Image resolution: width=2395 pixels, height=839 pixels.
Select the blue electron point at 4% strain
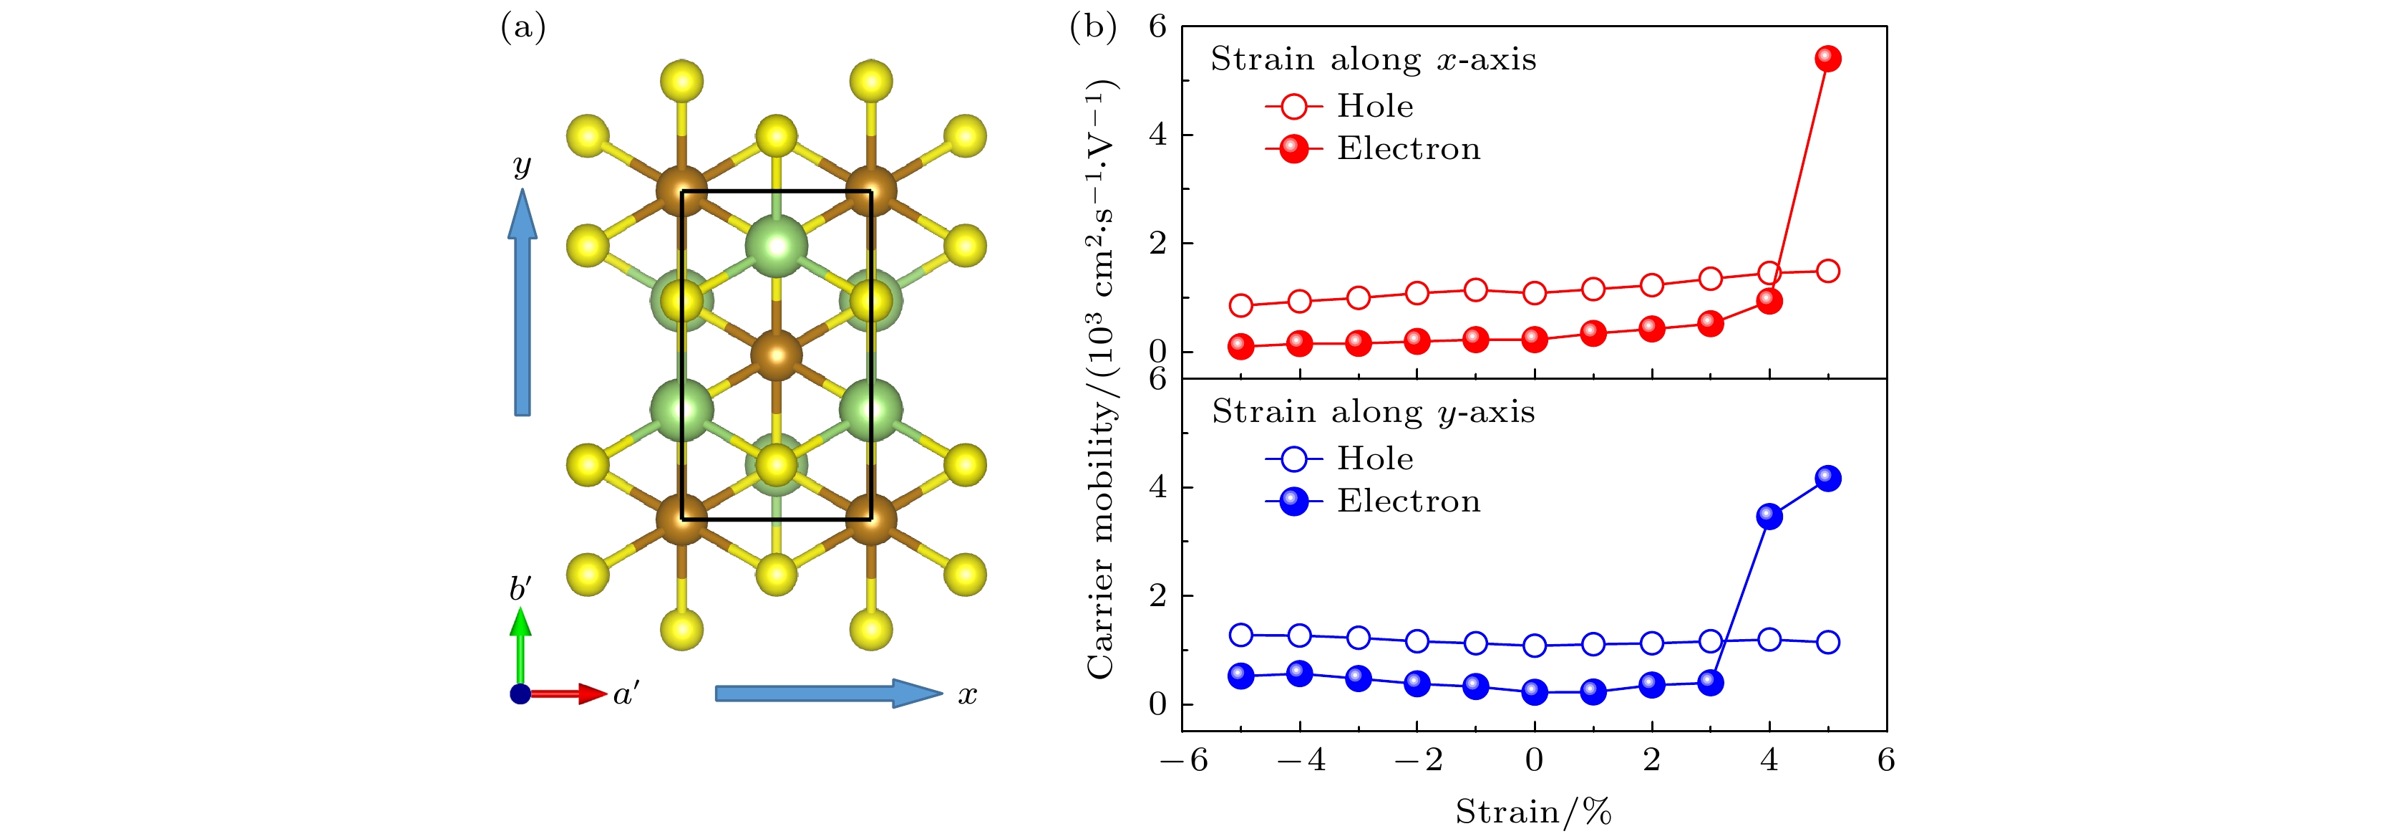pyautogui.click(x=1769, y=517)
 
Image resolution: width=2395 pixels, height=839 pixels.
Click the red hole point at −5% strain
pyautogui.click(x=1240, y=305)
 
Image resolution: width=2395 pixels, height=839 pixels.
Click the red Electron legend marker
pyautogui.click(x=1293, y=149)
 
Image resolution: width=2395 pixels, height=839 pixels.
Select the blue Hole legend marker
pyautogui.click(x=1293, y=459)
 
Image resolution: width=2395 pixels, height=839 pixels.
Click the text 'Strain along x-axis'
pyautogui.click(x=1372, y=59)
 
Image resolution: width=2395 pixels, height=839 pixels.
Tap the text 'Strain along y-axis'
pyautogui.click(x=1372, y=412)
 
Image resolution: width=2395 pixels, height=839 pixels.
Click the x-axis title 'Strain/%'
pyautogui.click(x=1533, y=812)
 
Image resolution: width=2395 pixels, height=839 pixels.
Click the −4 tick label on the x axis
pyautogui.click(x=1300, y=761)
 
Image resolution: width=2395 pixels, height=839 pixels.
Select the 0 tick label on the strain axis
pyautogui.click(x=1534, y=761)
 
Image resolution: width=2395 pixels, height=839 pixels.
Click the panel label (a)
pyautogui.click(x=523, y=28)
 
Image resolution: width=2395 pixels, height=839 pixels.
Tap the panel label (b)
pyautogui.click(x=1094, y=28)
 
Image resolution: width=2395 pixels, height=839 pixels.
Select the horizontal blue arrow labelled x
pyautogui.click(x=827, y=693)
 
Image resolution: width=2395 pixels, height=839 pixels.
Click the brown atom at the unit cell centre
pyautogui.click(x=777, y=355)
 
